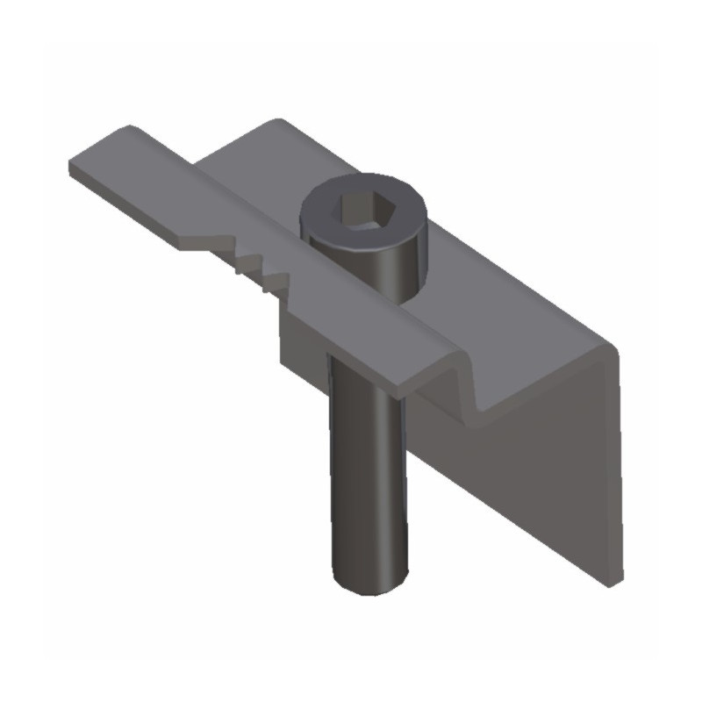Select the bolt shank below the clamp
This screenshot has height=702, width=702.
tap(367, 474)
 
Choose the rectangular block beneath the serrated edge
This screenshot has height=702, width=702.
tap(303, 338)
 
